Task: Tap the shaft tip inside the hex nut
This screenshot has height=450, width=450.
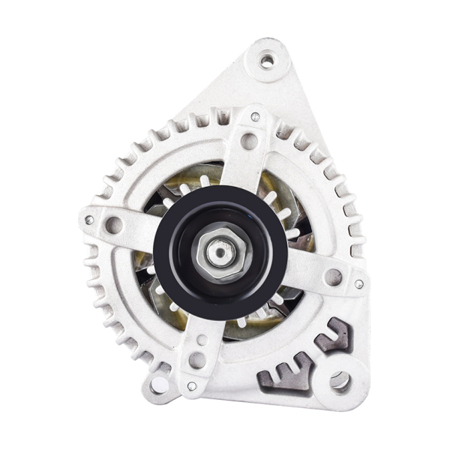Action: point(218,252)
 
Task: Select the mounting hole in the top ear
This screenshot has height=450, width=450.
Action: point(267,60)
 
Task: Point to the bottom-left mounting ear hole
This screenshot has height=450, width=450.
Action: point(159,385)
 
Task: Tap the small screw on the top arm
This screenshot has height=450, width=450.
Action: point(255,117)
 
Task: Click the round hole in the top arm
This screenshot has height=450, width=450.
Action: point(249,140)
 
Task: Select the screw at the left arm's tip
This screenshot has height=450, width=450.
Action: point(89,220)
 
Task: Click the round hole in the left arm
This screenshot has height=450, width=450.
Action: point(114,224)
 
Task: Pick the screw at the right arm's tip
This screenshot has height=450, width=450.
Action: point(358,284)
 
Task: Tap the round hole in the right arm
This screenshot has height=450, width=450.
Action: point(333,277)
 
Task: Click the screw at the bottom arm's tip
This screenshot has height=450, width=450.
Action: point(192,385)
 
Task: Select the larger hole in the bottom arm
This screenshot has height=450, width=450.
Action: point(196,360)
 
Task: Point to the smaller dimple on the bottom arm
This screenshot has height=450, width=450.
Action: point(201,340)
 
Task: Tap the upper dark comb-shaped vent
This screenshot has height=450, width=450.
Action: point(334,335)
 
